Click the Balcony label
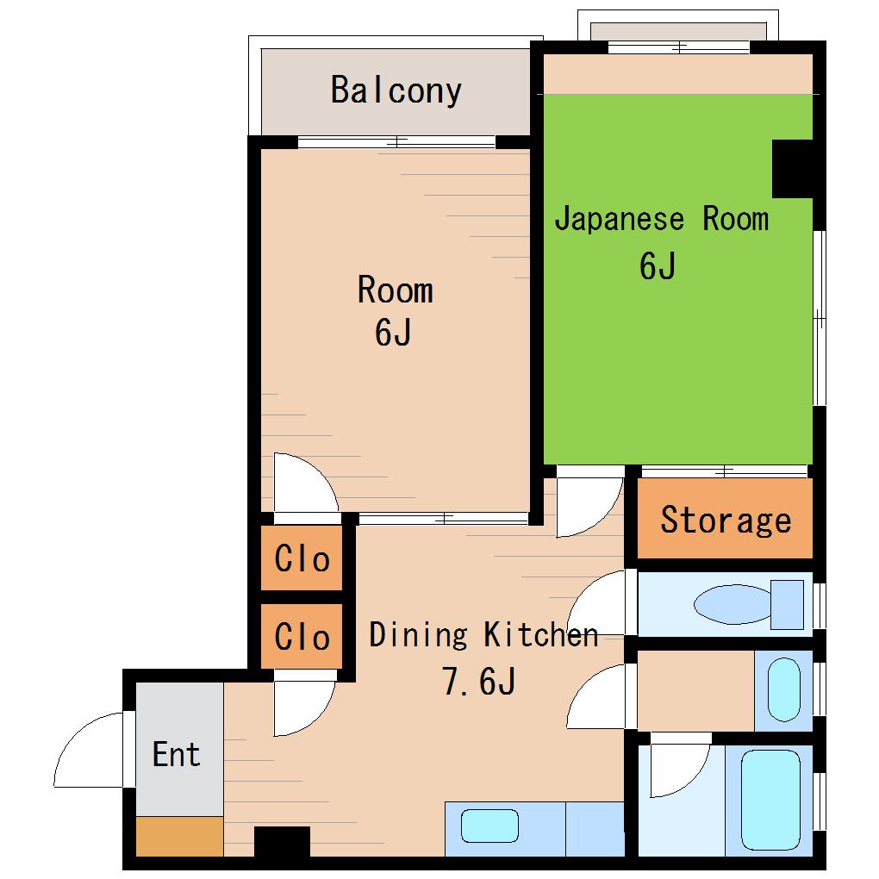pos(396,90)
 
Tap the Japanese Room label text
pos(662,218)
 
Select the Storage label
pos(726,521)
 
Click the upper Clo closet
pos(302,558)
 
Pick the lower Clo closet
pos(302,636)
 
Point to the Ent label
pos(176,754)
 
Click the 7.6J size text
pos(479,681)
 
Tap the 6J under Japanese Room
pos(657,265)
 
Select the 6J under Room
pos(393,332)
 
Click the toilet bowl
pos(733,604)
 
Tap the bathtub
pos(770,800)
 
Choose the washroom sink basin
pos(783,689)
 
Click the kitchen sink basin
pos(489,826)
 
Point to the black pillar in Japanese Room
pos(792,169)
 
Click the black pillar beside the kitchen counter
pos(282,841)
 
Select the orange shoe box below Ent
pos(180,837)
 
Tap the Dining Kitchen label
pos(483,635)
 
